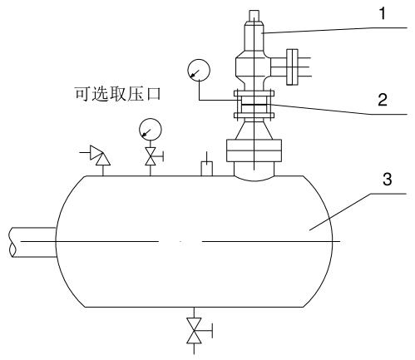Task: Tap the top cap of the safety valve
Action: [x=254, y=16]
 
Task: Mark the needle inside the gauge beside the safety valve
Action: [x=195, y=72]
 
